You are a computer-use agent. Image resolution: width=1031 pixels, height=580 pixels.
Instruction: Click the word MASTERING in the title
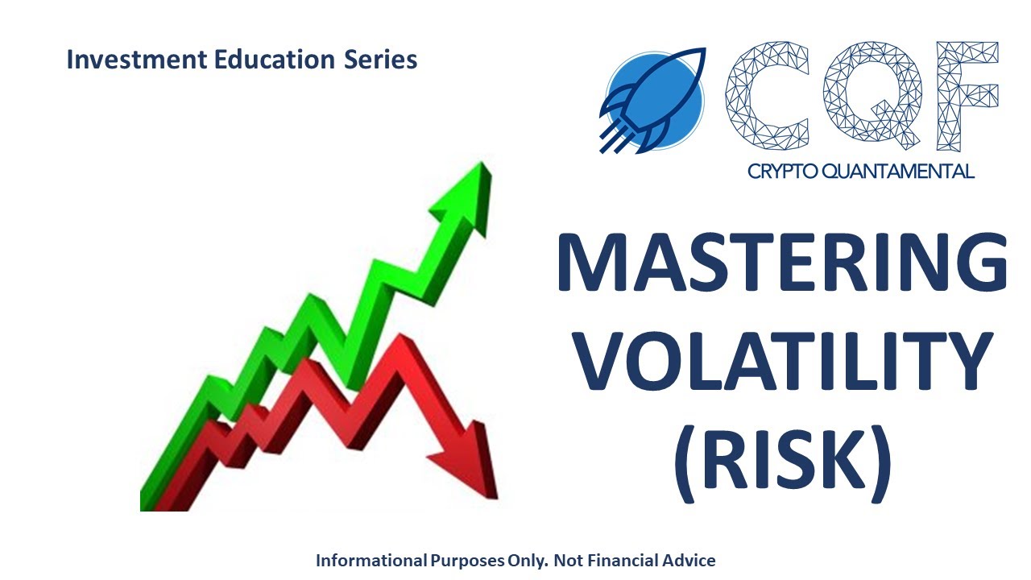click(781, 263)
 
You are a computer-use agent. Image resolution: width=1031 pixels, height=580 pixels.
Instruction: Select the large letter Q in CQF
click(870, 97)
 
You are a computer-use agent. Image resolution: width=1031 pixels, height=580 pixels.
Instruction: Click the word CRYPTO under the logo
click(786, 171)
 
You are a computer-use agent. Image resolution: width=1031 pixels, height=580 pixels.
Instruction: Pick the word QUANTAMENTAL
click(902, 171)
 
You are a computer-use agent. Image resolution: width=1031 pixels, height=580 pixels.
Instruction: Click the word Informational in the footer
click(371, 560)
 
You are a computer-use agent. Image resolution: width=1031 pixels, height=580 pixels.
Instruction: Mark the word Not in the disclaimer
click(571, 560)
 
